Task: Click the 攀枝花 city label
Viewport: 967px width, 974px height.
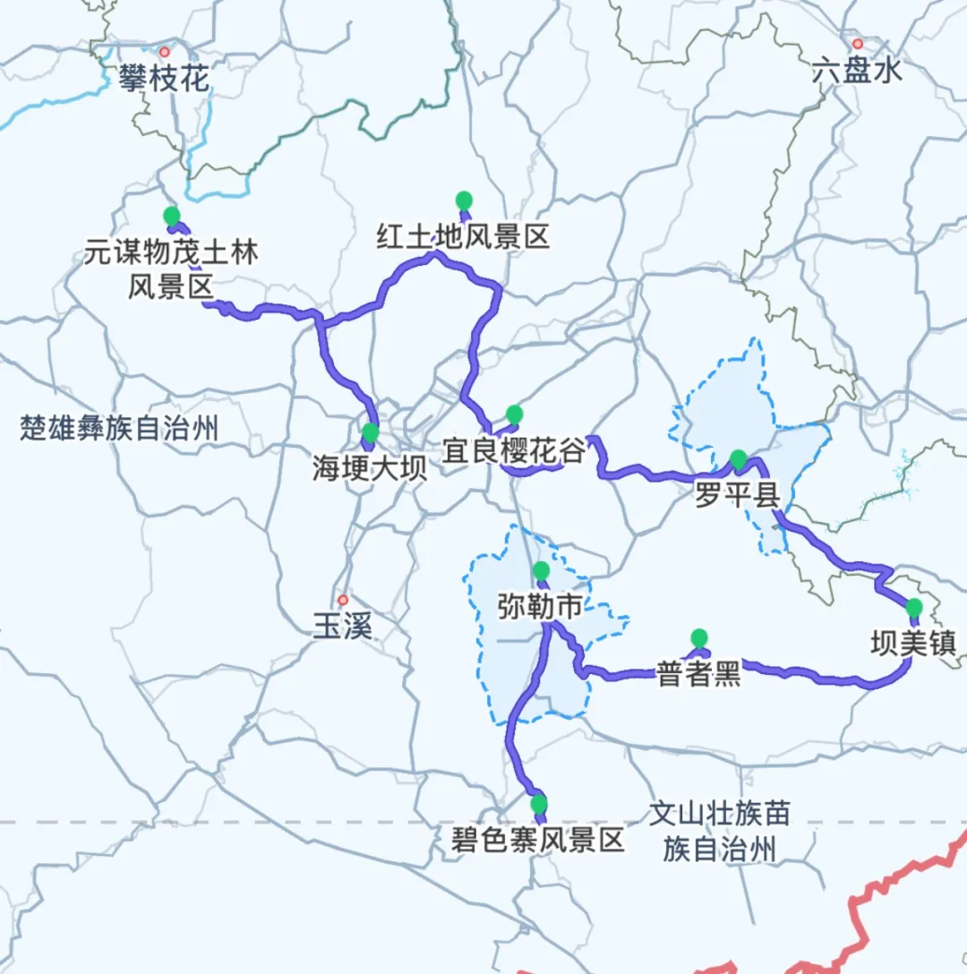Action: point(164,79)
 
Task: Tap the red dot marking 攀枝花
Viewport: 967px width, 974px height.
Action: point(164,52)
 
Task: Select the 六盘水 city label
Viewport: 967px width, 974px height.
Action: point(857,71)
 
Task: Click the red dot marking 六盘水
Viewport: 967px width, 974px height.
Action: point(857,43)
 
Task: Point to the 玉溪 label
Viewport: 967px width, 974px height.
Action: point(342,626)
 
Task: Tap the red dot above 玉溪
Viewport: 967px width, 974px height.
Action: point(342,599)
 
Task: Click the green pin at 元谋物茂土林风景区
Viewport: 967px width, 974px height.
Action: point(171,216)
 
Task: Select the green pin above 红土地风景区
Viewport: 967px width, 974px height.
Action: point(463,200)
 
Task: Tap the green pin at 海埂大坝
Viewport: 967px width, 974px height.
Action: point(371,433)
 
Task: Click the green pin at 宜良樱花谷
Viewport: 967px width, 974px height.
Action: point(514,414)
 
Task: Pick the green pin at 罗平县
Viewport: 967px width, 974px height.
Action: point(738,459)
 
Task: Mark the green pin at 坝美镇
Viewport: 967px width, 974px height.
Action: point(913,608)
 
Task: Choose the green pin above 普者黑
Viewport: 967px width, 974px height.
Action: point(698,637)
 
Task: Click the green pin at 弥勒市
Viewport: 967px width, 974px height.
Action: point(541,570)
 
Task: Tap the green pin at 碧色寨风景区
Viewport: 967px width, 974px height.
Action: point(538,803)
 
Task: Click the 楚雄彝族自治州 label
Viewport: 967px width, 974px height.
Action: point(119,429)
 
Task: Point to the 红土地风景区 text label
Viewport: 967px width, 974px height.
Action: point(462,237)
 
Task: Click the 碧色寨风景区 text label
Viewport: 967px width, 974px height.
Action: point(538,840)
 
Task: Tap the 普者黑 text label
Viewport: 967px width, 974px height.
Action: point(698,675)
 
